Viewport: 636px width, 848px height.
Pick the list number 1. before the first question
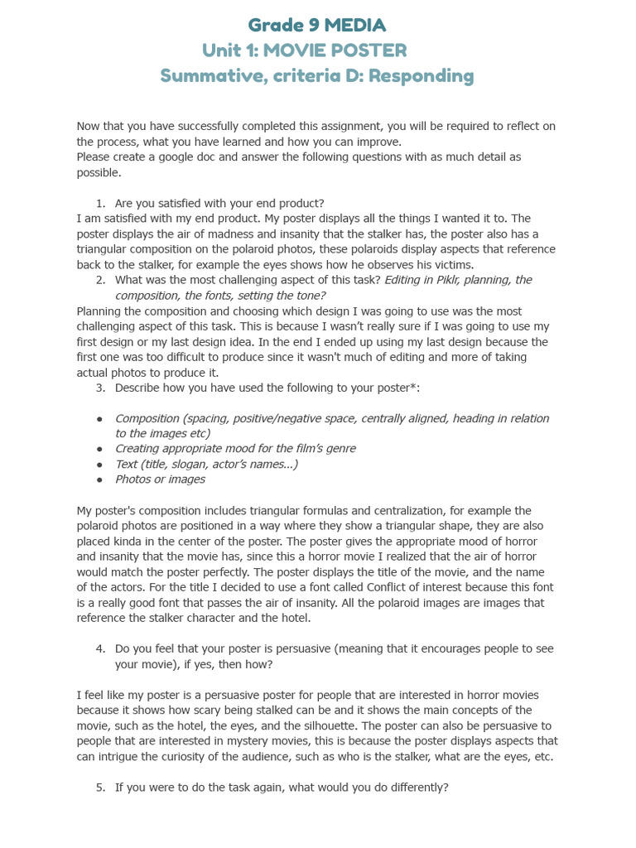100,203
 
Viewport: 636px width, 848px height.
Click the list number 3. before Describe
100,388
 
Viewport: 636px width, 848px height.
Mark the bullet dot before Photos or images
100,479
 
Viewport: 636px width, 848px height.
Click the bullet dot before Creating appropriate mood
100,449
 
